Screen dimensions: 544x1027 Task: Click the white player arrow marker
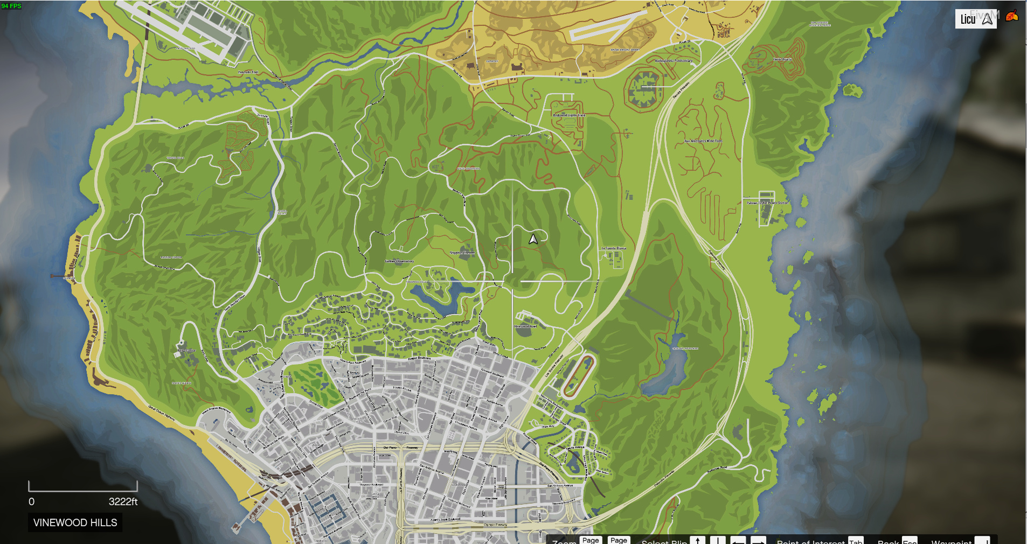click(x=533, y=239)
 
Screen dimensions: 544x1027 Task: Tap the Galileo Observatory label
click(x=399, y=261)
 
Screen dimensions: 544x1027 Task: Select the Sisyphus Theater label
click(x=462, y=253)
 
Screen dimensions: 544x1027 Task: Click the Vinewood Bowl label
click(x=525, y=326)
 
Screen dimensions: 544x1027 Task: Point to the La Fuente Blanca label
click(x=614, y=248)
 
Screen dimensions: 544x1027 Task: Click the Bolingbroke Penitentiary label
click(x=674, y=61)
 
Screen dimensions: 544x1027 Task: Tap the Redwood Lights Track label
click(x=569, y=115)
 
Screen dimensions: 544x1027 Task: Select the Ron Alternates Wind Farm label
click(x=703, y=141)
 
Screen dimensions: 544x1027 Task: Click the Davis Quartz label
click(x=782, y=59)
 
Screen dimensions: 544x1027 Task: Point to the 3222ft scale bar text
click(x=123, y=501)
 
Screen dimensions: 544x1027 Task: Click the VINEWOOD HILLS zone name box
click(x=75, y=522)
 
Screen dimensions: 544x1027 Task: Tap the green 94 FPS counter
click(x=11, y=6)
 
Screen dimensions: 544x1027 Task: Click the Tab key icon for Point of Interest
click(x=856, y=540)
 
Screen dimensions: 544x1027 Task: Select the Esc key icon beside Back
click(x=910, y=540)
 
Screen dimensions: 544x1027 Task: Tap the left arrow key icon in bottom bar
click(x=738, y=540)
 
